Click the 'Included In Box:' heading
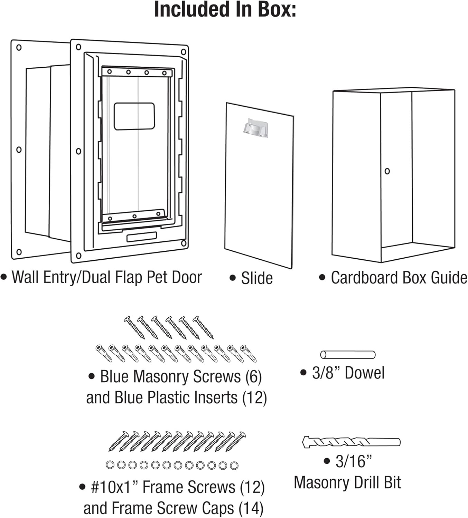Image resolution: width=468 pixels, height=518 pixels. [225, 10]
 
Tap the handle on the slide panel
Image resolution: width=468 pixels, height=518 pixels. [255, 128]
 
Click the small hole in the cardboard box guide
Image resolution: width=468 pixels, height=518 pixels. [387, 171]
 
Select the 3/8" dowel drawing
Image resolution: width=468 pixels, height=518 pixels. [347, 355]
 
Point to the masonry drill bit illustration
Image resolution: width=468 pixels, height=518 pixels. [351, 442]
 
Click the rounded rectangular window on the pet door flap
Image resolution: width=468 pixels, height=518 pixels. [134, 116]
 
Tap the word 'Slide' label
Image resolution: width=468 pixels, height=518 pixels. [256, 278]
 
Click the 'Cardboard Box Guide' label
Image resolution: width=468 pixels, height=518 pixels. [399, 278]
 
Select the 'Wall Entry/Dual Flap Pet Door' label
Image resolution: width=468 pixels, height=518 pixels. [106, 277]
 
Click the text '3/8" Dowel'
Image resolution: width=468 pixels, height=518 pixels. [348, 373]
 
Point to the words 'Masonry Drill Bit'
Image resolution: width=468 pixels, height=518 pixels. [347, 482]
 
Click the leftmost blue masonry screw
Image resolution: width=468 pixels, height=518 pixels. [134, 327]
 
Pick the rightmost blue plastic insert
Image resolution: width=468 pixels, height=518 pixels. [249, 353]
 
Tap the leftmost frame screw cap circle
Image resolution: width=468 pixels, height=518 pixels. [110, 465]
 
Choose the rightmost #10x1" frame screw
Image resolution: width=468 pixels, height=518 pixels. [236, 441]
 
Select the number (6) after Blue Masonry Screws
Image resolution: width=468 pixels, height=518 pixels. [253, 377]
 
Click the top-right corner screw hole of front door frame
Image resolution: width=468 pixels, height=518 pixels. [184, 52]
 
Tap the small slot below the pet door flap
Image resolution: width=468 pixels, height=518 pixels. [141, 237]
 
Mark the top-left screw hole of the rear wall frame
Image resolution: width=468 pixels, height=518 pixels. [19, 47]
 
